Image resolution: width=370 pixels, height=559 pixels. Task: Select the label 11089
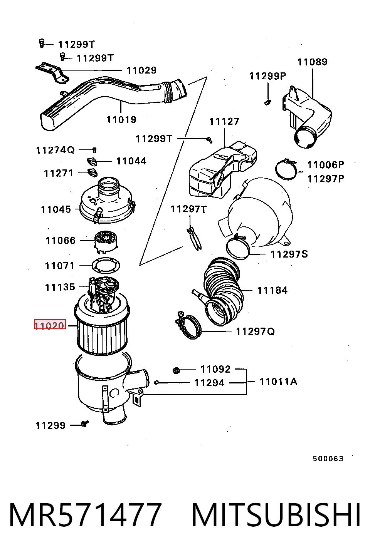pyautogui.click(x=312, y=62)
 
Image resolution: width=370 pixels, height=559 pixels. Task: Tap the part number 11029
pyautogui.click(x=141, y=70)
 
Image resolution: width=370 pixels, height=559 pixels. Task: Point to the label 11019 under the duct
pyautogui.click(x=121, y=120)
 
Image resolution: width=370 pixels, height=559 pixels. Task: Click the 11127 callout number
pyautogui.click(x=224, y=122)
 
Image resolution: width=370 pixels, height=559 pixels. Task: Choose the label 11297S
pyautogui.click(x=289, y=254)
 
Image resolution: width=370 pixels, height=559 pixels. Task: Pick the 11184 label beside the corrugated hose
pyautogui.click(x=272, y=291)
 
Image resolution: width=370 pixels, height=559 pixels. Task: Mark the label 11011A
pyautogui.click(x=278, y=382)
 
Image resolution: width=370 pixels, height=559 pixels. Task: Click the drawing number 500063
pyautogui.click(x=328, y=459)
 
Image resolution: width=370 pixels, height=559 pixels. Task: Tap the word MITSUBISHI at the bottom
pyautogui.click(x=276, y=516)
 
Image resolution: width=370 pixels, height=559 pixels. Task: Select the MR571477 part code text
pyautogui.click(x=85, y=516)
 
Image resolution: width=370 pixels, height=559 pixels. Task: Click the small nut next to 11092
pyautogui.click(x=177, y=371)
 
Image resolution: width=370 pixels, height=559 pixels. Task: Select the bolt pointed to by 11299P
pyautogui.click(x=268, y=102)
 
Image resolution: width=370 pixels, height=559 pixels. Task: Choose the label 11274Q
pyautogui.click(x=55, y=150)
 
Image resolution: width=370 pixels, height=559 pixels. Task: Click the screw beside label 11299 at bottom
pyautogui.click(x=85, y=423)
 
